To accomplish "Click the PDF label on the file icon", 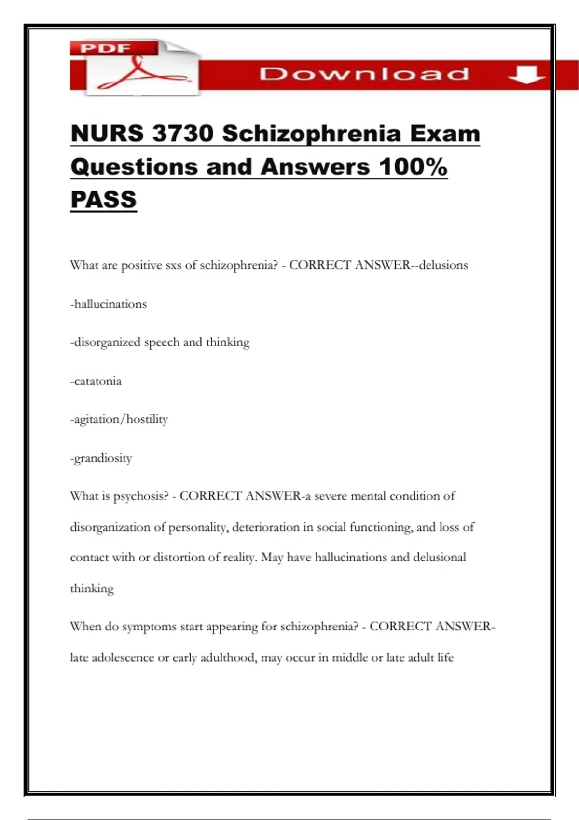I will [x=105, y=48].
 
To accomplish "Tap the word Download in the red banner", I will [x=364, y=74].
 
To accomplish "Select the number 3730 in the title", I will [x=183, y=134].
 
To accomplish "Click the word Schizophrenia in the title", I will [x=311, y=134].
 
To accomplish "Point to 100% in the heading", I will [x=413, y=167].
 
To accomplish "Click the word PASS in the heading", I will [x=104, y=200].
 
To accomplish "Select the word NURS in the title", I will [x=107, y=134].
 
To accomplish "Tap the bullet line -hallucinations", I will [x=109, y=304].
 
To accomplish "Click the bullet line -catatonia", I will [x=96, y=382].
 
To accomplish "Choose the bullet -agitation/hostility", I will [x=119, y=419].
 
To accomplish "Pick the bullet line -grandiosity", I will [x=101, y=458].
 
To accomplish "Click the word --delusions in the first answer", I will [x=440, y=265].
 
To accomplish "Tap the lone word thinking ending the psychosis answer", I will [x=92, y=589].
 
